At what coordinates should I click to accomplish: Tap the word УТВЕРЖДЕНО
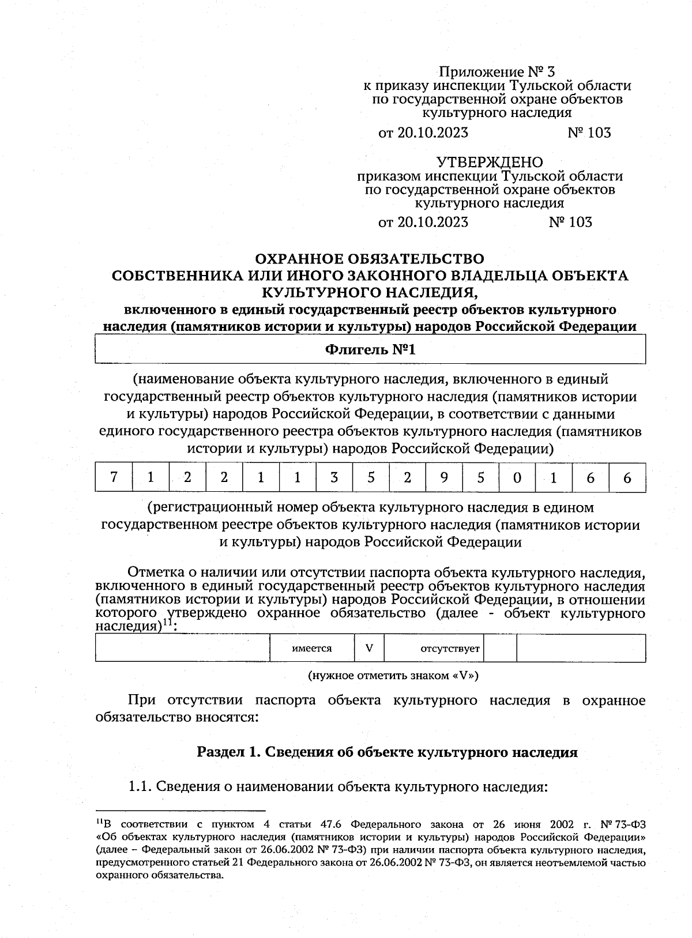[490, 162]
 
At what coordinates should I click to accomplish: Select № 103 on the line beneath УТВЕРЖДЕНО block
[571, 222]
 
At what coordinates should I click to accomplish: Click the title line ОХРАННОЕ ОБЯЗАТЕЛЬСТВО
[370, 258]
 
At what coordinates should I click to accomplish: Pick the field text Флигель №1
[370, 349]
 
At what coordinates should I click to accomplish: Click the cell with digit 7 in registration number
[114, 477]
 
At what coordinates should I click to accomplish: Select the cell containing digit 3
[334, 477]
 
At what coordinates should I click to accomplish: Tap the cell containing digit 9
[443, 477]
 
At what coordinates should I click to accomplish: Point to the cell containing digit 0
[517, 477]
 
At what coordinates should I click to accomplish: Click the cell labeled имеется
[312, 648]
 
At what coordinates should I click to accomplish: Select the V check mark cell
[369, 648]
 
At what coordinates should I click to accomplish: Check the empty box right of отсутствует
[500, 648]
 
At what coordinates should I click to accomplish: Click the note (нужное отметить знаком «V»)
[393, 675]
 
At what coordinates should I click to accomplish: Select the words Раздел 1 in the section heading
[226, 752]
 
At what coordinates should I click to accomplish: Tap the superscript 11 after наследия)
[167, 623]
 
